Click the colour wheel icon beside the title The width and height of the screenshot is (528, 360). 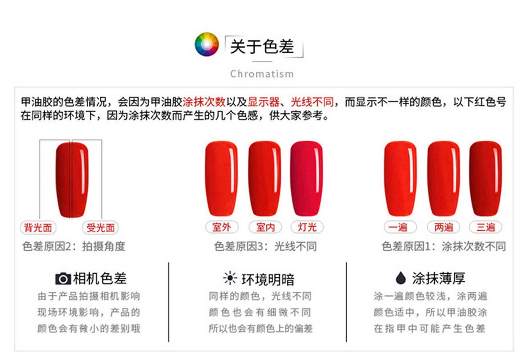tap(207, 44)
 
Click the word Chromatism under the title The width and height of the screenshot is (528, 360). tap(262, 74)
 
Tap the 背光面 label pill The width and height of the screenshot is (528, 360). tap(38, 228)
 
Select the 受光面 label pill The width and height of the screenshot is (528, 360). tap(100, 228)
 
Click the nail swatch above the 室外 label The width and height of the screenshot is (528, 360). tap(221, 179)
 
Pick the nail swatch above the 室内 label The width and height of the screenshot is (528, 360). tap(265, 179)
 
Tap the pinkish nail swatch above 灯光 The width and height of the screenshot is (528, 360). tap(307, 179)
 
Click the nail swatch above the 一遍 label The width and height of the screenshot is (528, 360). tap(400, 179)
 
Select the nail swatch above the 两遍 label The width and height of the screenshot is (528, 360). tap(444, 179)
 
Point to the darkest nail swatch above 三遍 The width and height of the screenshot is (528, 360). tap(486, 179)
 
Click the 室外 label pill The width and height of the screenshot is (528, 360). tap(222, 227)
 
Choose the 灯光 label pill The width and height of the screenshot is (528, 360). tap(307, 227)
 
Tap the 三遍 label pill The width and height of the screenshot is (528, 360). tap(486, 227)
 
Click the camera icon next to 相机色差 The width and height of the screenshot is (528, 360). tap(63, 279)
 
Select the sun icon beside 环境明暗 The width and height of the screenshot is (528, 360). tap(230, 278)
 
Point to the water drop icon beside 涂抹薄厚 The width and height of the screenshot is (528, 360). tap(401, 278)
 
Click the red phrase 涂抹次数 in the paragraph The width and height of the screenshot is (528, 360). tap(204, 102)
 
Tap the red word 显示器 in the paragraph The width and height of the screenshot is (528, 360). tap(264, 102)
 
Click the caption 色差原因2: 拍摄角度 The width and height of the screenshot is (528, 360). tap(74, 246)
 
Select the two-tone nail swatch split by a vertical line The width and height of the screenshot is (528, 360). tap(72, 180)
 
